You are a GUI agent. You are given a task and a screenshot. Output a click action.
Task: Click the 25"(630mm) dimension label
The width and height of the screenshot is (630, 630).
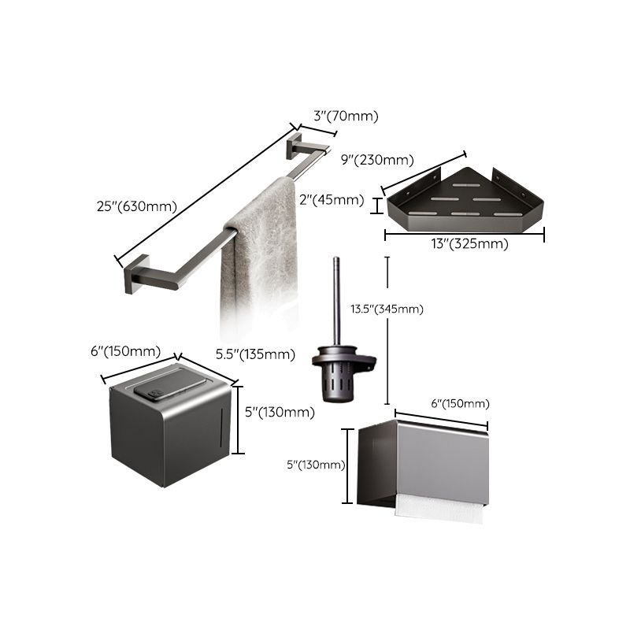(132, 206)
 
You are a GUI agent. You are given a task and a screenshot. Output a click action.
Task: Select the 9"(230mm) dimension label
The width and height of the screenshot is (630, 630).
(377, 160)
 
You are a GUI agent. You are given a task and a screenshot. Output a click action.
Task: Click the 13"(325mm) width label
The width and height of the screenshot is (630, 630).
(465, 243)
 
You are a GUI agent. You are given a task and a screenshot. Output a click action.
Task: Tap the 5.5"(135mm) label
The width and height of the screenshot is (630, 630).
(255, 354)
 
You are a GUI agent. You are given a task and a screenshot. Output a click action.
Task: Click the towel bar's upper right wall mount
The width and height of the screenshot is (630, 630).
(297, 145)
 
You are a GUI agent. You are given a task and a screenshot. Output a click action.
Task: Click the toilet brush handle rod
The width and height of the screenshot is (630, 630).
(335, 299)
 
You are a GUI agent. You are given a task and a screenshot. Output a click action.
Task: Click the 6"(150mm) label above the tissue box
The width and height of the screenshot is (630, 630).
(125, 351)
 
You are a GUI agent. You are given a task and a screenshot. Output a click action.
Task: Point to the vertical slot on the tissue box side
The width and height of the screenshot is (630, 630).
(220, 429)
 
